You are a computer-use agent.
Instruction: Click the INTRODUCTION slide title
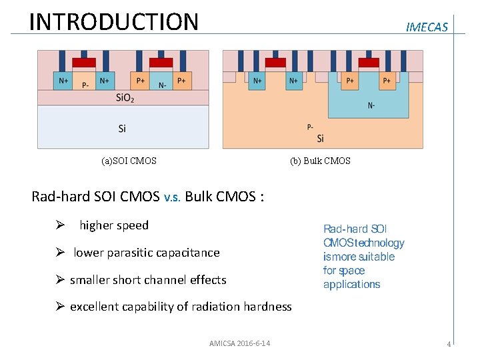tap(114, 21)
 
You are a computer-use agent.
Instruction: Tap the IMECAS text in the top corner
tap(427, 27)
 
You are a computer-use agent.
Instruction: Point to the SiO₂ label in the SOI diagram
tap(125, 98)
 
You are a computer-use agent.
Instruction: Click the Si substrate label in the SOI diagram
tap(122, 128)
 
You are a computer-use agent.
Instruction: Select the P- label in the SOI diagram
tap(85, 85)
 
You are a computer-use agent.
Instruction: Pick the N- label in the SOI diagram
tap(162, 85)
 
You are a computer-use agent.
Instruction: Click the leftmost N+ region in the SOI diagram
tap(63, 81)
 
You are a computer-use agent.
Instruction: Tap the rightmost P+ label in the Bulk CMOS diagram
tap(387, 81)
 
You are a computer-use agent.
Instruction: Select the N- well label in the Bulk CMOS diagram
tap(371, 105)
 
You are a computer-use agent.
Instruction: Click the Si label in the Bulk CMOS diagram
tap(321, 138)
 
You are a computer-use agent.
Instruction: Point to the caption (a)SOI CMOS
tap(129, 161)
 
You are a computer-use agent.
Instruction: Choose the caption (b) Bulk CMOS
tap(320, 161)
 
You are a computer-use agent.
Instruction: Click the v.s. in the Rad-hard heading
tap(172, 197)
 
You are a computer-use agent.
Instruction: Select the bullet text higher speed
tap(114, 225)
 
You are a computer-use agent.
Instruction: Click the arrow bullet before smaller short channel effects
tap(59, 280)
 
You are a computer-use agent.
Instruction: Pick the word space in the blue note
tap(352, 271)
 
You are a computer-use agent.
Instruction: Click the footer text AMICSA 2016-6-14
tap(239, 343)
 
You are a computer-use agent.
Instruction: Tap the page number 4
tap(449, 344)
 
